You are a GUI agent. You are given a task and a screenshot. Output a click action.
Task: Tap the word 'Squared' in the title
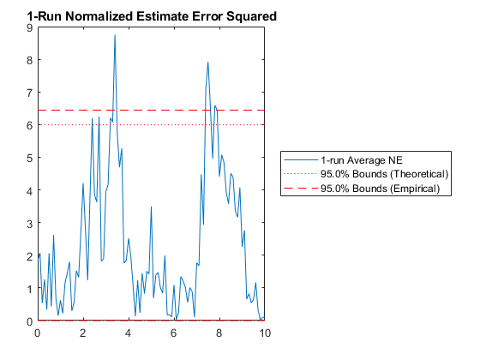click(251, 17)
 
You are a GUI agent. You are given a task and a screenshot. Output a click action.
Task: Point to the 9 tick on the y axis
click(29, 27)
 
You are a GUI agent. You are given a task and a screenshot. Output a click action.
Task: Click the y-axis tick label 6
click(29, 125)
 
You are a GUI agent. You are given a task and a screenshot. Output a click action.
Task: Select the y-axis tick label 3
click(29, 223)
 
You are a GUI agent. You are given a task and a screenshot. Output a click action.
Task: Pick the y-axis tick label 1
click(29, 288)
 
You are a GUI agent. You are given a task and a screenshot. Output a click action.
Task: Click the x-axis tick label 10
click(265, 333)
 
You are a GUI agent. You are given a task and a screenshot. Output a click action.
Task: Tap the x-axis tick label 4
click(129, 333)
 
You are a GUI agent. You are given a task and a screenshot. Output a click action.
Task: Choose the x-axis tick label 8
click(219, 333)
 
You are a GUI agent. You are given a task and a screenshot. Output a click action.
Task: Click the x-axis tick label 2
click(83, 333)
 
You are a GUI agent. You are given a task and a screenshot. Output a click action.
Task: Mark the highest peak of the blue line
click(115, 35)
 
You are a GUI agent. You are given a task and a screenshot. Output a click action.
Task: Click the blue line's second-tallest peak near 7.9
click(207, 63)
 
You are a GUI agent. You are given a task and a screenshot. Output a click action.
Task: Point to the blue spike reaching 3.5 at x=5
click(151, 207)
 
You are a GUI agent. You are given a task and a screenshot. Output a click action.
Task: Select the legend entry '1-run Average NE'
click(362, 160)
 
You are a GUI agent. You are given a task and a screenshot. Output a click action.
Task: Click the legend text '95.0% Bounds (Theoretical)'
click(385, 174)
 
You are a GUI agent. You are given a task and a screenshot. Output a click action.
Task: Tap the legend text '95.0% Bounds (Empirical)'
click(381, 188)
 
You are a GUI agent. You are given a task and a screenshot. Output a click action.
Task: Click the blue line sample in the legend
click(301, 159)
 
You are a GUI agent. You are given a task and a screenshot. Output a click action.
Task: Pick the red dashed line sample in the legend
click(301, 188)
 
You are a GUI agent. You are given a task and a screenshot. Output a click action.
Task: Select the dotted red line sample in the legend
click(301, 174)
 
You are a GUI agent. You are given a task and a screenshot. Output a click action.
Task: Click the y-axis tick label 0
click(29, 321)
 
